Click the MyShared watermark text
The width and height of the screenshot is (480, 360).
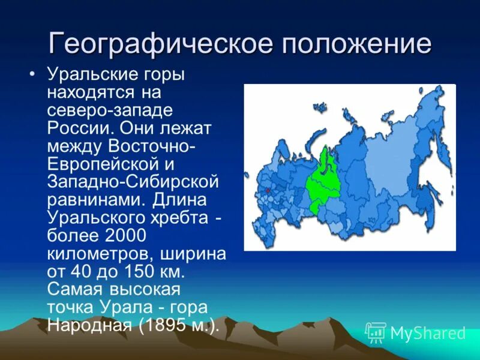coord(428,333)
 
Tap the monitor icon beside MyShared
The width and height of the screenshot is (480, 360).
coord(376,332)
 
